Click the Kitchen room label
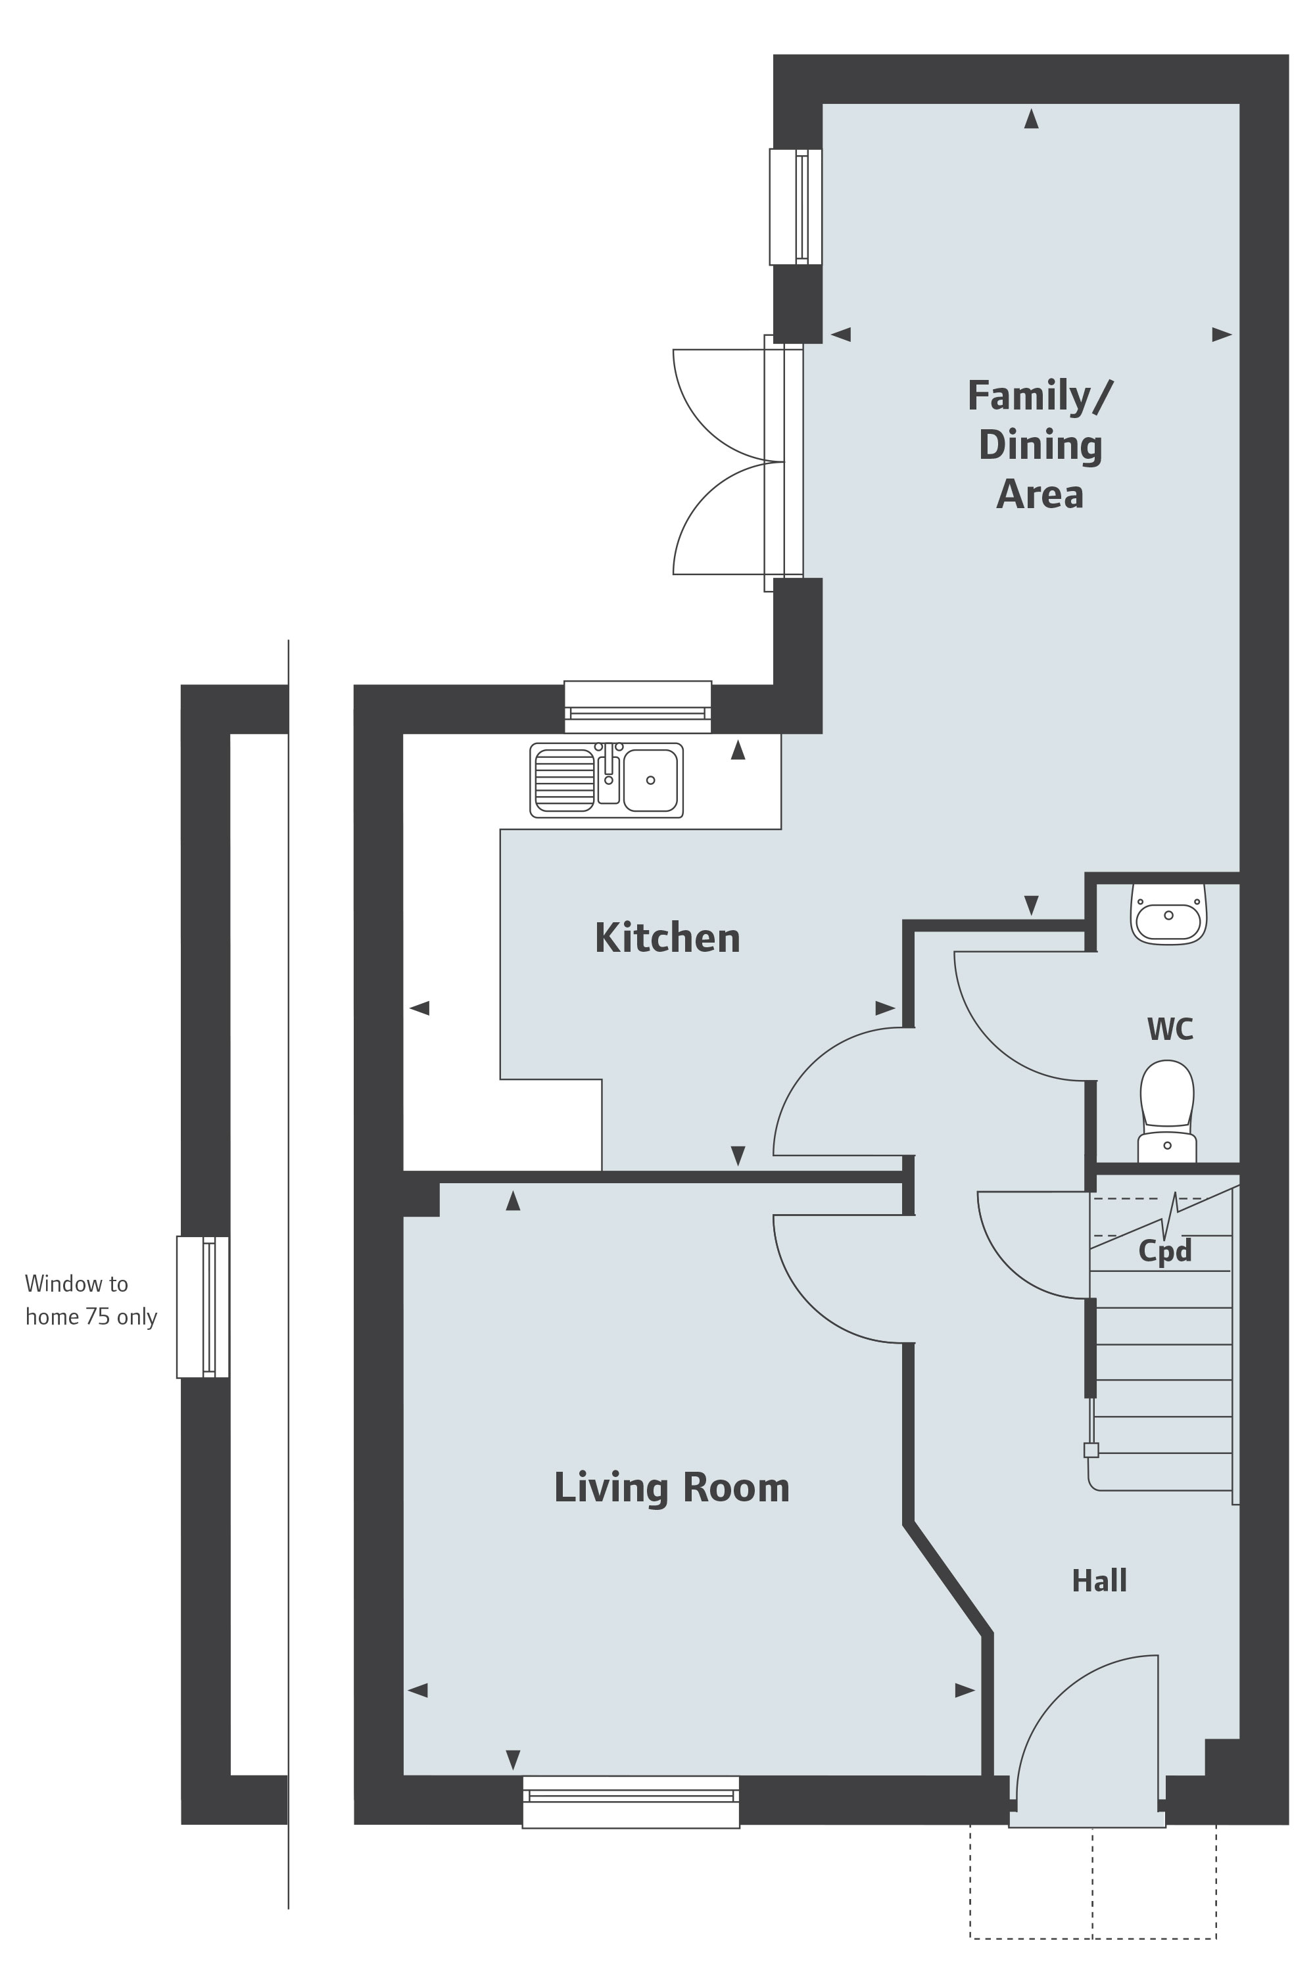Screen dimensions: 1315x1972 point(667,938)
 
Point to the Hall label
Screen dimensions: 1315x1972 point(1099,1582)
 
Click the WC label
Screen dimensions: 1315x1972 point(1170,1029)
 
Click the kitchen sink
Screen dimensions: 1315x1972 point(606,780)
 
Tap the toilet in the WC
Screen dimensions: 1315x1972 point(1166,1111)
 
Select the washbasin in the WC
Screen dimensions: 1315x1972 point(1168,915)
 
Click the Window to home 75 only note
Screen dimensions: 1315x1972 point(91,1300)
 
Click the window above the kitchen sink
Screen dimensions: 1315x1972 point(637,707)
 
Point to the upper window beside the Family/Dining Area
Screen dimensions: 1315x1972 point(796,207)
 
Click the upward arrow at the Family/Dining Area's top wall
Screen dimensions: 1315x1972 point(1032,118)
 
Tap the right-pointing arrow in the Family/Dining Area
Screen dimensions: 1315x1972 point(1222,335)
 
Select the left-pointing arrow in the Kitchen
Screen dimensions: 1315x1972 point(419,1008)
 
